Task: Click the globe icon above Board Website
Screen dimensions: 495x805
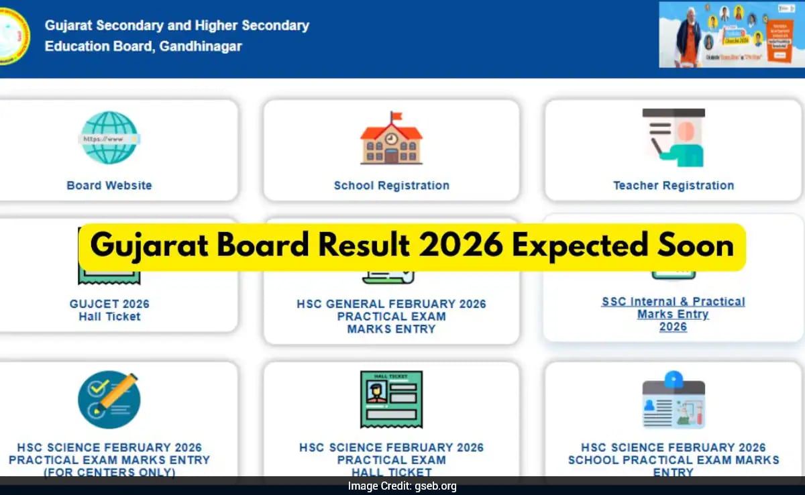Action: click(x=109, y=137)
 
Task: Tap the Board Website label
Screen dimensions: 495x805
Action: click(x=109, y=186)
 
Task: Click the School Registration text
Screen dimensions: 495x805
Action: click(x=392, y=186)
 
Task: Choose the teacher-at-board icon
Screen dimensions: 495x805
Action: click(x=674, y=137)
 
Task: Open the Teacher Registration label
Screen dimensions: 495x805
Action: click(x=674, y=186)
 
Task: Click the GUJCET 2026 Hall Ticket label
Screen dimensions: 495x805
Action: click(x=109, y=311)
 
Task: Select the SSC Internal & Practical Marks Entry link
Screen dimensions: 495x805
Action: click(x=673, y=314)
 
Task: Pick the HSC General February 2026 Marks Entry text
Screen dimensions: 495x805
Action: click(x=391, y=317)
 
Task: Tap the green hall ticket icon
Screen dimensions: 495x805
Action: click(x=391, y=400)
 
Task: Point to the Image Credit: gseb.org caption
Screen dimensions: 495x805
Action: click(x=402, y=486)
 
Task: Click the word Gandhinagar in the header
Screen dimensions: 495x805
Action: click(x=201, y=46)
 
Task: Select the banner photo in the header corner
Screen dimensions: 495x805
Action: click(x=730, y=34)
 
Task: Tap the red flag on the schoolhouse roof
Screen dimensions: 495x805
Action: click(x=396, y=118)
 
